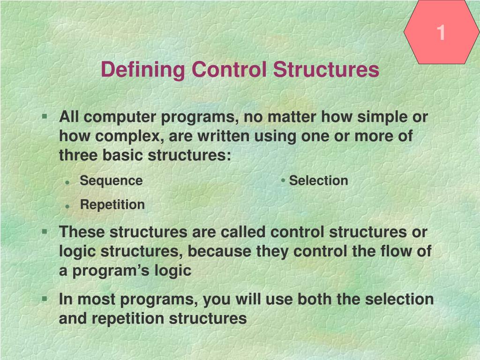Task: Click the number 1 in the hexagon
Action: point(441,32)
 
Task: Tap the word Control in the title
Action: point(229,69)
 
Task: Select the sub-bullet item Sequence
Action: point(111,181)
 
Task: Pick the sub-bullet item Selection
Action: point(318,180)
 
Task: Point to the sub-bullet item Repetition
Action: point(112,205)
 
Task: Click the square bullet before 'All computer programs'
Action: point(45,116)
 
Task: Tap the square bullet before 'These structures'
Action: point(45,231)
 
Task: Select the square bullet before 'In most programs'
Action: point(45,299)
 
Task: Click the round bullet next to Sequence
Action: point(67,182)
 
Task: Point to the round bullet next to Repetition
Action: point(67,207)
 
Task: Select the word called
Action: point(243,232)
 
